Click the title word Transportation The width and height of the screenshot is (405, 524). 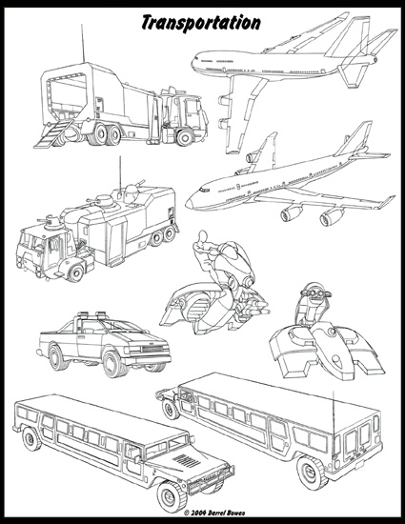(201, 20)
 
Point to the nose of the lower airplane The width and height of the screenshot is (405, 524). (191, 201)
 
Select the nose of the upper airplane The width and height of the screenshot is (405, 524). (194, 61)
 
